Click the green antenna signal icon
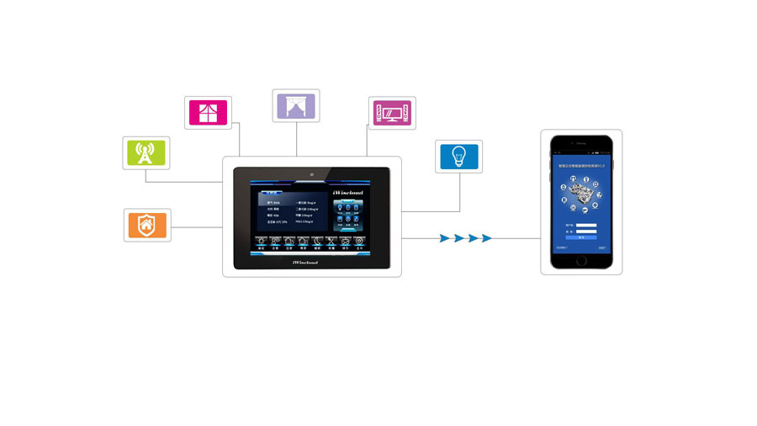[x=146, y=152]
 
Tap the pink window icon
[x=208, y=112]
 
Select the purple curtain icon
[x=296, y=106]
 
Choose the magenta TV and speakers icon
[x=392, y=113]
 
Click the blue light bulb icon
[x=458, y=156]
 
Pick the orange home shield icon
[x=146, y=225]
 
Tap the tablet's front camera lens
[x=311, y=174]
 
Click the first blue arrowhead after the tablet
[x=444, y=238]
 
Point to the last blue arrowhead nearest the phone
[x=485, y=238]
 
